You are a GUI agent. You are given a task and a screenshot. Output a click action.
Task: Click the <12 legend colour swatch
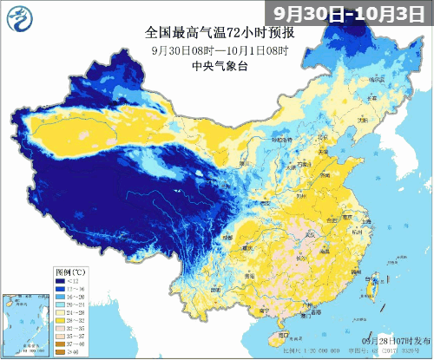point(61,280)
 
